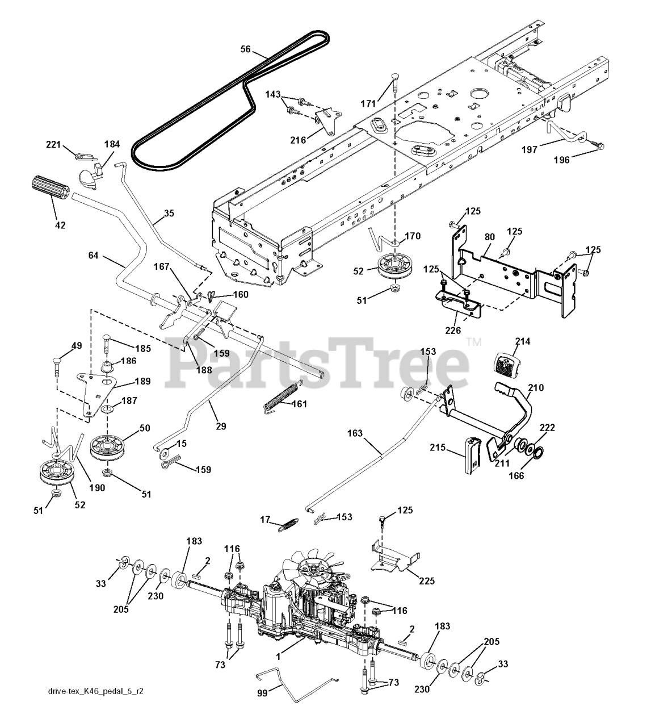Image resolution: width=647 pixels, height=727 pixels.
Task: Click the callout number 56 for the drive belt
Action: [x=245, y=49]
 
